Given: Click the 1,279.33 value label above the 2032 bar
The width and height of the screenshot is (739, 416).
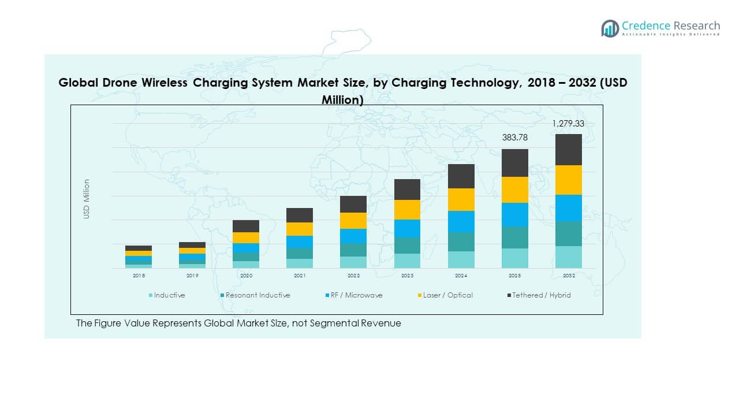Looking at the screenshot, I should click(x=568, y=123).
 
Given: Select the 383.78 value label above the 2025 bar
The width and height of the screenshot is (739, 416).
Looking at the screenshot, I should click(x=515, y=138).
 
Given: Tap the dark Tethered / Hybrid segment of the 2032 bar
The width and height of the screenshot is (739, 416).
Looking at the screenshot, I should click(x=568, y=150).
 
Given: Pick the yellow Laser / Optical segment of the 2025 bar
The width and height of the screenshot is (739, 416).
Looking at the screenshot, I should click(x=515, y=190).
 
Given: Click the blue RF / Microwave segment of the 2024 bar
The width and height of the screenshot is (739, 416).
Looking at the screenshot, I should click(x=461, y=221).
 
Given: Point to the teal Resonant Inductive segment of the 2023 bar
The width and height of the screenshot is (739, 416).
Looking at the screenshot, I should click(x=407, y=245).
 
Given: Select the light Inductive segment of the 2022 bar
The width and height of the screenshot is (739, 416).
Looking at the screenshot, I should click(x=353, y=262).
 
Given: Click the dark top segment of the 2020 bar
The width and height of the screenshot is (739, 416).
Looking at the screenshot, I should click(x=246, y=226).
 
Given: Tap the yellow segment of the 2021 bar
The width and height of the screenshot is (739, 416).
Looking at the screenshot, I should click(x=300, y=229).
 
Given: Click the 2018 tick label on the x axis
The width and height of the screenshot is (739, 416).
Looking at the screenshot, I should click(x=139, y=276).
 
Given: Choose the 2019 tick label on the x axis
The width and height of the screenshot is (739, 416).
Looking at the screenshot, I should click(x=192, y=276).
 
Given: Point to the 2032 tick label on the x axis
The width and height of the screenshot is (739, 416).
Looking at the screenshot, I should click(x=568, y=276).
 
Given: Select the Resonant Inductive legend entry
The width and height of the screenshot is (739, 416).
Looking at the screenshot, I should click(x=257, y=295).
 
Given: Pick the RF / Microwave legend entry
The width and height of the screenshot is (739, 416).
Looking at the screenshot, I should click(x=356, y=295).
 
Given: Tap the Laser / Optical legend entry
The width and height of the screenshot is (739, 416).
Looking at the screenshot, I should click(x=447, y=295).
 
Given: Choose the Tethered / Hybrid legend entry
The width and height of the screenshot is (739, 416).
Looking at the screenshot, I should click(x=541, y=295).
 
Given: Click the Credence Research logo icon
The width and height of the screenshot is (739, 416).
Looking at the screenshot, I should click(x=610, y=28).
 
